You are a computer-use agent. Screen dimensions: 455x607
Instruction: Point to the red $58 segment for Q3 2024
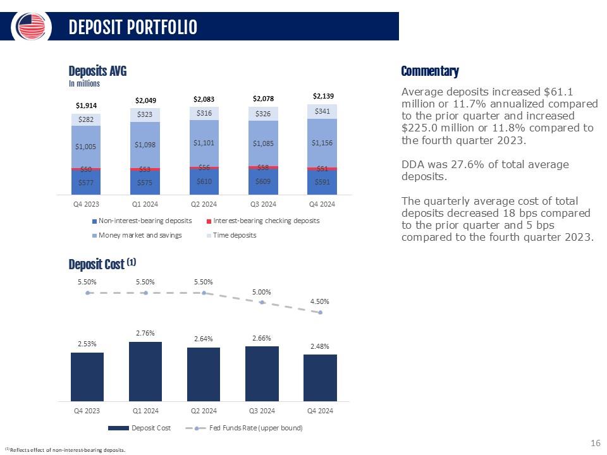[263, 167]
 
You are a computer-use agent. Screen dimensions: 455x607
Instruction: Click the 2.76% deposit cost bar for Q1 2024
[145, 371]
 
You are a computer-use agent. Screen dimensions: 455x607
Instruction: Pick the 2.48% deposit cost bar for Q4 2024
[320, 377]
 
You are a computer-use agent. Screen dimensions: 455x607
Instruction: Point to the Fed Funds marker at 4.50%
[321, 312]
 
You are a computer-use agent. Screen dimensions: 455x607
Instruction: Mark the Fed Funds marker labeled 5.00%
[262, 302]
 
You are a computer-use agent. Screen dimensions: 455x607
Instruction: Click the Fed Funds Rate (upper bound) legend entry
[243, 428]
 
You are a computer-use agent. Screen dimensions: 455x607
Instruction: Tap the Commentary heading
[430, 71]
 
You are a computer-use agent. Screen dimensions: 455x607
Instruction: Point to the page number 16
[595, 444]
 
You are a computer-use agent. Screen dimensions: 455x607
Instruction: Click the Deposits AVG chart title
[97, 71]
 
